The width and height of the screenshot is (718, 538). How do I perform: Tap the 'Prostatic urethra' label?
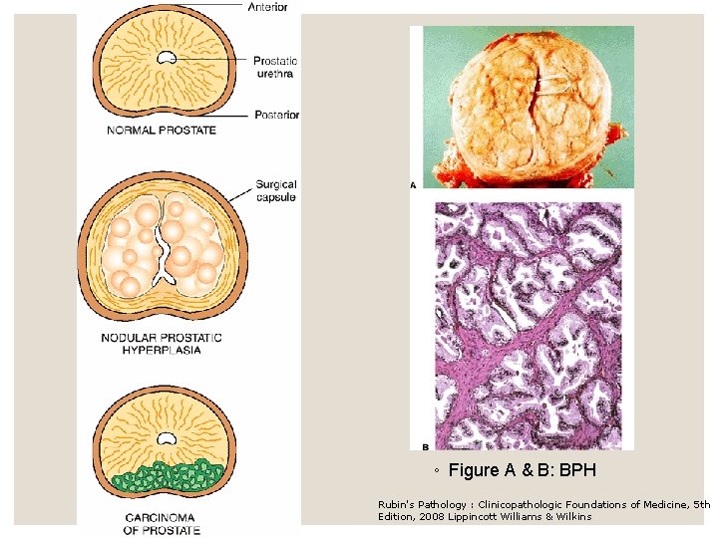click(274, 67)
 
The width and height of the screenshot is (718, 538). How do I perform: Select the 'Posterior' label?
click(276, 115)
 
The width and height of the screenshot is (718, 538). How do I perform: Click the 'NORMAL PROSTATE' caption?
click(162, 131)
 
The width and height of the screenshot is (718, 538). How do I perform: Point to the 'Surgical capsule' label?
click(275, 190)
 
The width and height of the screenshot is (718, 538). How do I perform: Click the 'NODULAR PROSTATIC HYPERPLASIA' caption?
click(162, 344)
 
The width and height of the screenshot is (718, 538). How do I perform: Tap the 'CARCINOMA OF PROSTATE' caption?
click(161, 523)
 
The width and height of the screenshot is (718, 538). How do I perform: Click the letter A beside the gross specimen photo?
click(413, 184)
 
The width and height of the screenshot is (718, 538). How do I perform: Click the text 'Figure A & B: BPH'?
click(522, 469)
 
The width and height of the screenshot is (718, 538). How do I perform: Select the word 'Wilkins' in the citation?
click(573, 516)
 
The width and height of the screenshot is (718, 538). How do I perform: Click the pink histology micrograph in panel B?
click(529, 324)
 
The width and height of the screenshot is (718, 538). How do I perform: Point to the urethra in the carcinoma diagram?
click(165, 436)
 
